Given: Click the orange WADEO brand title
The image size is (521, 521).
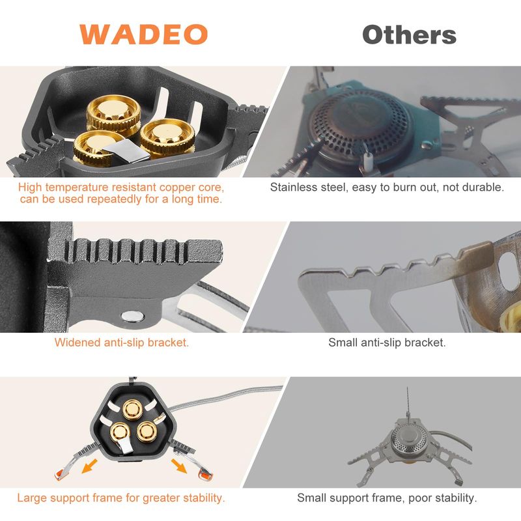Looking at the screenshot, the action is (x=143, y=35).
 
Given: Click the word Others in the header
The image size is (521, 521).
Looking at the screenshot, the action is (x=409, y=35).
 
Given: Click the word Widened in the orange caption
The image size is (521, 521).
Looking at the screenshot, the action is (x=77, y=343).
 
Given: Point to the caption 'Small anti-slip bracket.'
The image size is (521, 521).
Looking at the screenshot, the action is (x=387, y=343).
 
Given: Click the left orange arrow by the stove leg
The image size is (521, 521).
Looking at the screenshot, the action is (x=89, y=466).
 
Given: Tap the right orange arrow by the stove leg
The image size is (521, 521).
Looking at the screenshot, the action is (x=178, y=465).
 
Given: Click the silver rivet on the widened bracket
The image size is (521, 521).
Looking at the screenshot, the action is (x=133, y=317).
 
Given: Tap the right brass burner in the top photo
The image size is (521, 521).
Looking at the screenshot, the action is (x=167, y=138).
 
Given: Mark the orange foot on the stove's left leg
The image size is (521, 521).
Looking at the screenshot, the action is (x=59, y=475).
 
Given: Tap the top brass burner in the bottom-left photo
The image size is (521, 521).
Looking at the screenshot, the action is (x=132, y=410).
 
